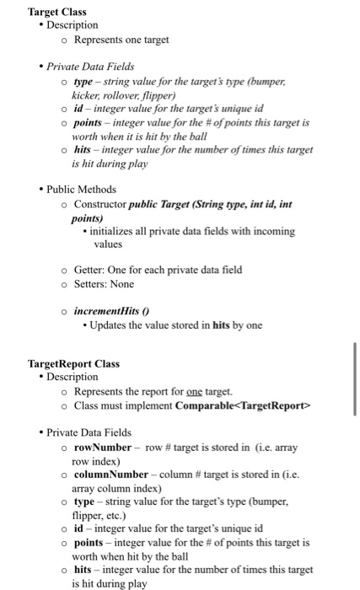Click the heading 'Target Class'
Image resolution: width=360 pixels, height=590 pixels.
point(57,12)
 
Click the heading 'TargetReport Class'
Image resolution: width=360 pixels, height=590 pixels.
point(74,364)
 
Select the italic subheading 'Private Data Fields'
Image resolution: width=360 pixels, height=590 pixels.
point(90,66)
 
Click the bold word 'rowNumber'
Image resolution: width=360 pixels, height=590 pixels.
point(103,447)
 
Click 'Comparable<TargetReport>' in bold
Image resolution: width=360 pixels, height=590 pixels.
point(243,405)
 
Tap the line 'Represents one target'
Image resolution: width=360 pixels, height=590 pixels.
point(121,39)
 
